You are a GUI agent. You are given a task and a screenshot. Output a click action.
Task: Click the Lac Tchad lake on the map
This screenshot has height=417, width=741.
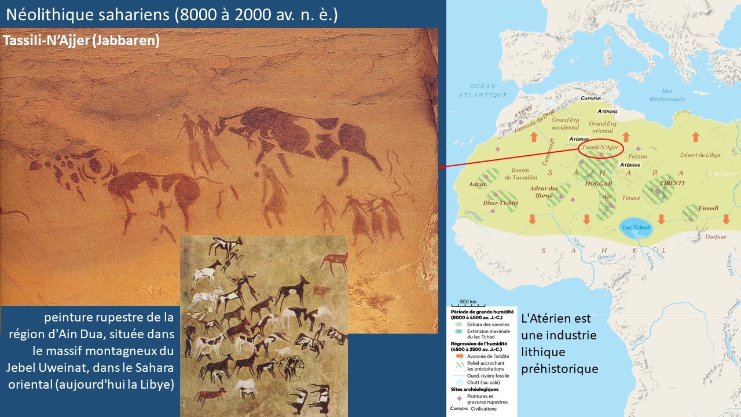coord(636,227)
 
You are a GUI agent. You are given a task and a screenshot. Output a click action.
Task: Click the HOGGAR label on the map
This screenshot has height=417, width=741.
coord(599,184)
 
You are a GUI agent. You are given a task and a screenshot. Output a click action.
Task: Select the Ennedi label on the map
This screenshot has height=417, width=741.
coord(708,209)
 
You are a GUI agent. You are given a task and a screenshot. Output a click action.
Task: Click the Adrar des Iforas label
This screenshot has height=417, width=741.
coord(544,192)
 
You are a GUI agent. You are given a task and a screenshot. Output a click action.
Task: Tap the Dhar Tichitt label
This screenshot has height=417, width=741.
coord(501,203)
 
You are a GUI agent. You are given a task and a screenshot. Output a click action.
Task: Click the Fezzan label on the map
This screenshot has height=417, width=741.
coord(637,156)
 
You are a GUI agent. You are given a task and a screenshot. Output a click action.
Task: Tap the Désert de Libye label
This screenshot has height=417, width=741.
coord(700,155)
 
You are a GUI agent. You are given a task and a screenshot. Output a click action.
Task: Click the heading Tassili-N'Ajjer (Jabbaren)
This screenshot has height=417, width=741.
coord(81,41)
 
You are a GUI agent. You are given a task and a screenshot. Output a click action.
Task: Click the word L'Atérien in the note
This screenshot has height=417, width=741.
coord(547,319)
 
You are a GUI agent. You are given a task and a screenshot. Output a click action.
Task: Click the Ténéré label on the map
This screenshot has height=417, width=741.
coord(631,198)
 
